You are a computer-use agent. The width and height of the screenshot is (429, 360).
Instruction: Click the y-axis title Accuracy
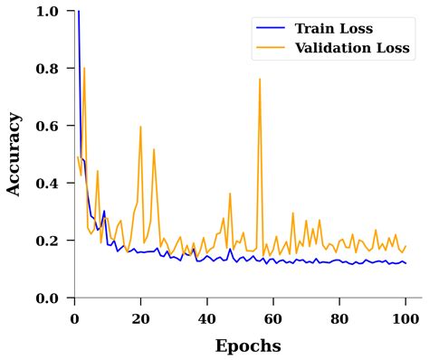[x=14, y=154]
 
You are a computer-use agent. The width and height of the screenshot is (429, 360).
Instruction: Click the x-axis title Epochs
[x=247, y=346]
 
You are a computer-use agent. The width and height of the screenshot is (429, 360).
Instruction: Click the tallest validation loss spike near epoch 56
[x=260, y=80]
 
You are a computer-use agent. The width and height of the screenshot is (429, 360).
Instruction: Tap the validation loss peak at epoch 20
[x=140, y=127]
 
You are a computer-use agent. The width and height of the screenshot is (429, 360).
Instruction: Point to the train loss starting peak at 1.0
[x=78, y=12]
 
